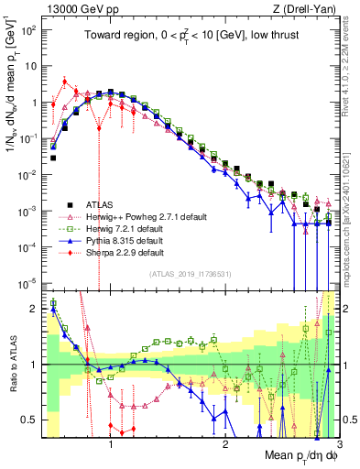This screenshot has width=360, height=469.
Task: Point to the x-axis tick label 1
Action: pyautogui.click(x=111, y=446)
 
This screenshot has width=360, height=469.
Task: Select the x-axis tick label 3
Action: pyautogui.click(x=337, y=446)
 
